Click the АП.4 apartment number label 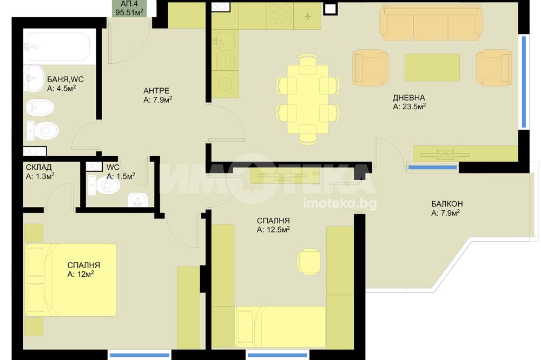(x=129, y=4)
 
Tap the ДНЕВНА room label (x=409, y=98)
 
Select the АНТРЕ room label (x=156, y=91)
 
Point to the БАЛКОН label (x=447, y=204)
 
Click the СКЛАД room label (x=38, y=167)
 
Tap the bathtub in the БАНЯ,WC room (x=59, y=47)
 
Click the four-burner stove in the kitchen (x=280, y=15)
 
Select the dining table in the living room (x=308, y=99)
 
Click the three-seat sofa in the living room (x=431, y=22)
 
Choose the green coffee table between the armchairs (x=432, y=67)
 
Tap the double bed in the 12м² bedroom (x=71, y=280)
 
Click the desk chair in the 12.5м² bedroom (x=309, y=262)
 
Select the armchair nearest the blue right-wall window (x=494, y=68)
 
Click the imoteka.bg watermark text (x=340, y=203)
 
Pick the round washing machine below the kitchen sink (x=225, y=84)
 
